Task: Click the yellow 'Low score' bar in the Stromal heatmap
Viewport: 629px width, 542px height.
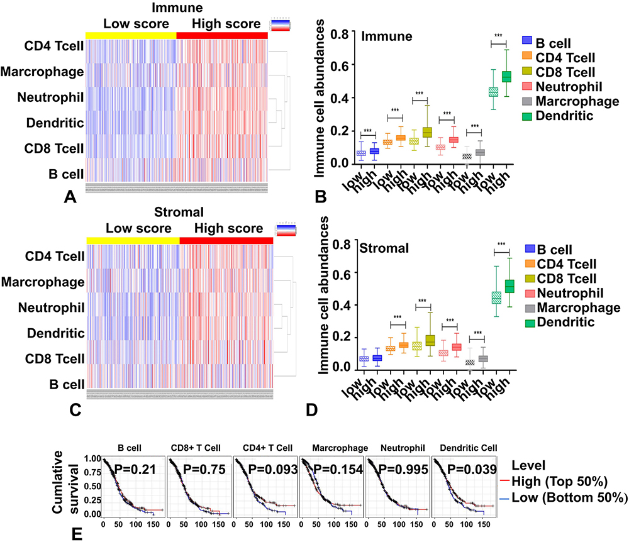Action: click(133, 240)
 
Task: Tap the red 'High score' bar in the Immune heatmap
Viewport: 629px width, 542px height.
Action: click(222, 35)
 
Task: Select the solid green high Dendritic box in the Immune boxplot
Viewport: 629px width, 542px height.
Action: click(505, 77)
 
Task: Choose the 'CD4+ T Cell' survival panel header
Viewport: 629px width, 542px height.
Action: click(262, 448)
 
